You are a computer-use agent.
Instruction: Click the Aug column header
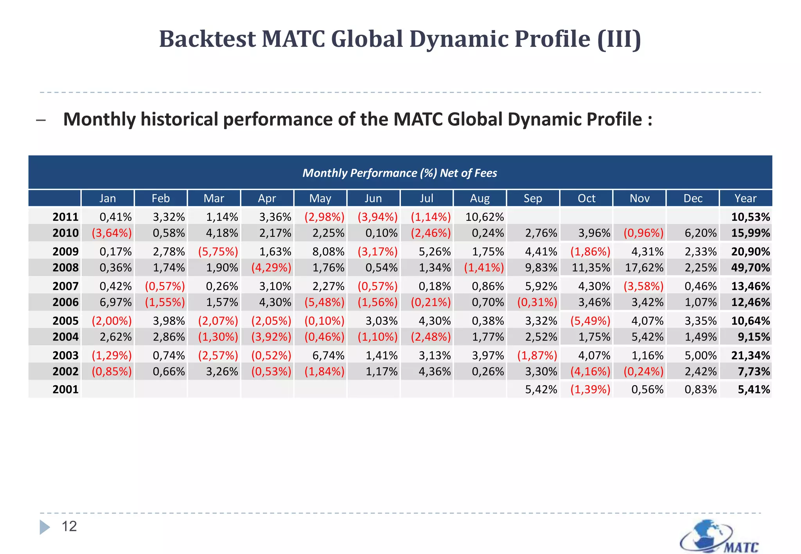(x=480, y=198)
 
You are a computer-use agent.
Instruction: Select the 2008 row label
(x=65, y=268)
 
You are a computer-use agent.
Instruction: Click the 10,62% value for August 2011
(x=484, y=217)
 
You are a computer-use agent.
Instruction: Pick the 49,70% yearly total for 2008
(x=750, y=268)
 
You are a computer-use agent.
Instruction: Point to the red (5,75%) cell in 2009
(x=218, y=252)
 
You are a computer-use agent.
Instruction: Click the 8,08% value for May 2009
(x=328, y=252)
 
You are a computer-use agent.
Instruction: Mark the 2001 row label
(x=65, y=390)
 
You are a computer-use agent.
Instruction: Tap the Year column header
(x=745, y=198)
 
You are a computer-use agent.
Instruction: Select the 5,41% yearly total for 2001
(x=754, y=390)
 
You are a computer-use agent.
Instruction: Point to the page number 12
(x=69, y=527)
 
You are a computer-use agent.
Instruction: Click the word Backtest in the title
(x=207, y=39)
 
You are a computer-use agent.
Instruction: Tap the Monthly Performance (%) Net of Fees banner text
(x=400, y=173)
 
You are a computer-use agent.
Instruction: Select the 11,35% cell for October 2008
(x=591, y=268)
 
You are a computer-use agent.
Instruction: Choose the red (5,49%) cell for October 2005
(x=590, y=321)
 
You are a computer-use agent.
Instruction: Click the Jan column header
(x=108, y=198)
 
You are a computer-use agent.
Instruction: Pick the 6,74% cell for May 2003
(x=328, y=356)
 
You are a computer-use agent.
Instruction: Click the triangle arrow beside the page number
(x=45, y=527)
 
